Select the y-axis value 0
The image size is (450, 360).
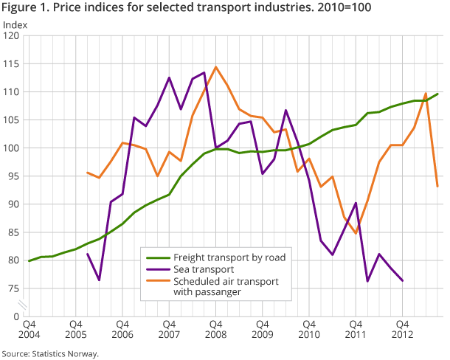pyautogui.click(x=17, y=316)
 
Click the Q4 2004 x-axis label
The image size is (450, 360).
pyautogui.click(x=30, y=329)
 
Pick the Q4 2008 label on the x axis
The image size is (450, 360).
pyautogui.click(x=215, y=329)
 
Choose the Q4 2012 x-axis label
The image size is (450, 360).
pyautogui.click(x=402, y=329)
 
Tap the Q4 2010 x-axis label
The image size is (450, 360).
pyautogui.click(x=308, y=329)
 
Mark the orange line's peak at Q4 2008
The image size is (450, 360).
pyautogui.click(x=215, y=67)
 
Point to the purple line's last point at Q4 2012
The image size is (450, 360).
pyautogui.click(x=402, y=281)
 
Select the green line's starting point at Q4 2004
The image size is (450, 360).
pyautogui.click(x=30, y=260)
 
